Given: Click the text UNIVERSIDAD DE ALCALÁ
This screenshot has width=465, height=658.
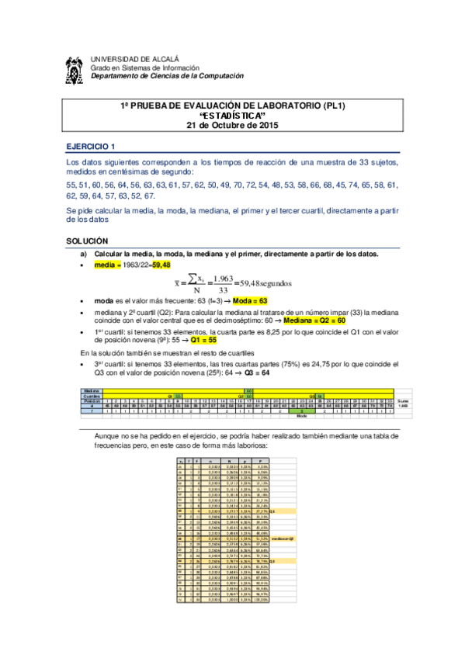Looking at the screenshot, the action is tap(134, 58).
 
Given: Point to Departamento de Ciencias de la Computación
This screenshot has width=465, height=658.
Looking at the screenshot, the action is tap(167, 76).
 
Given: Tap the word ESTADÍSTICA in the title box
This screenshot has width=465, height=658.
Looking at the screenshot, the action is tap(232, 115).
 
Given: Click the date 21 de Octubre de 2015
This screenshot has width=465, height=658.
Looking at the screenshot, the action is tap(232, 125).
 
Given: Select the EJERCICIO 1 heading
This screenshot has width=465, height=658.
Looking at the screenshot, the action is tap(91, 147).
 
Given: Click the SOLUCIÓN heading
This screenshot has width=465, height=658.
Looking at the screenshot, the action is tap(87, 242).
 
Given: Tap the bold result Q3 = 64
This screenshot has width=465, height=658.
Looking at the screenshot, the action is tap(256, 372).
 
